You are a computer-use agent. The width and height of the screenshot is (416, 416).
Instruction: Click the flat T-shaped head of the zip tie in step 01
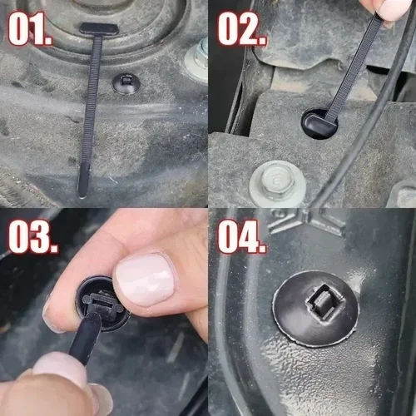pos(98,30)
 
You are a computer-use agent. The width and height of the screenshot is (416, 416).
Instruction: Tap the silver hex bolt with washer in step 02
pos(275,177)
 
